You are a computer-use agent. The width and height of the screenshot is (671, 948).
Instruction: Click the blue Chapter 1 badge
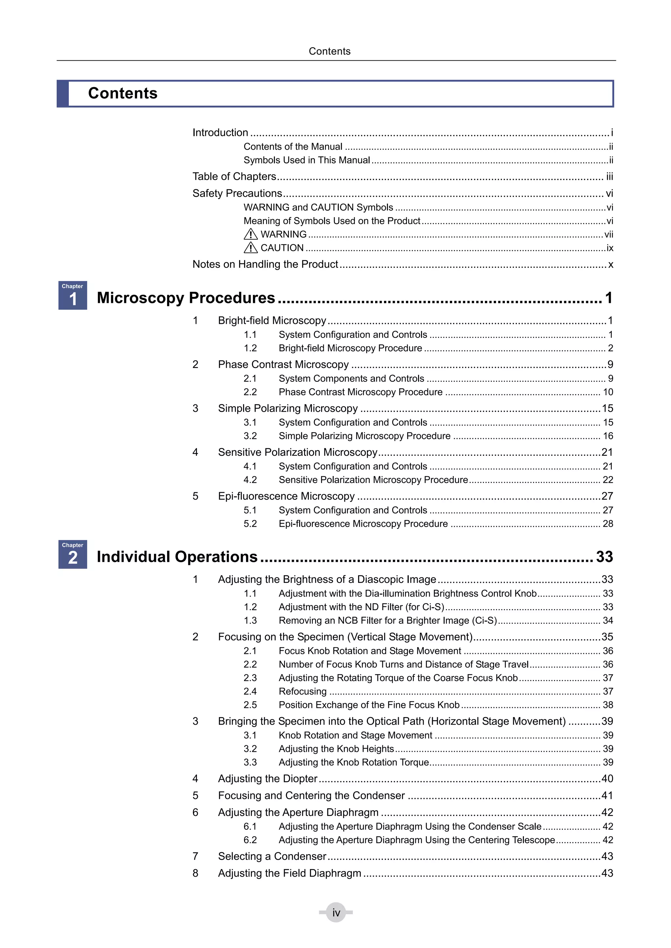tap(72, 295)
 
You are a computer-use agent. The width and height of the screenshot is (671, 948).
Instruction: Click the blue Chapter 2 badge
tap(72, 554)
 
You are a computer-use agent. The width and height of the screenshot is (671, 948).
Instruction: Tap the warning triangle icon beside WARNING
tap(250, 234)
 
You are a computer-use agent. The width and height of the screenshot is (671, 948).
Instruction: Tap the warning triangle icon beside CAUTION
tap(250, 248)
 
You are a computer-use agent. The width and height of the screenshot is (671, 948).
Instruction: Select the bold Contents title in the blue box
tap(123, 93)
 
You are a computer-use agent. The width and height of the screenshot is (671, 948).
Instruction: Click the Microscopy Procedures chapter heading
tap(185, 298)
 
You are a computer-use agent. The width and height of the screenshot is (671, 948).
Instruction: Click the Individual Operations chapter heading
tap(177, 557)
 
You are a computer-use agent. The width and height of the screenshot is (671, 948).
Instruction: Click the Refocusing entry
tap(302, 691)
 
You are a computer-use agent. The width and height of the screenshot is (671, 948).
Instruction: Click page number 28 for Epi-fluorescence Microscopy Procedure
tap(608, 524)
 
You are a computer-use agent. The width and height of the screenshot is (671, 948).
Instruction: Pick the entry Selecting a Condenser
tap(272, 856)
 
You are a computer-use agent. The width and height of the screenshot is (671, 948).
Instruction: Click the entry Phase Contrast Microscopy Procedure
tap(360, 392)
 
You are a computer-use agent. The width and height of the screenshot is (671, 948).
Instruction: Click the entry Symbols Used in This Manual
tap(307, 160)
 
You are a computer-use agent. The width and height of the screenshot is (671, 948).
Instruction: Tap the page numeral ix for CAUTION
tap(609, 248)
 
